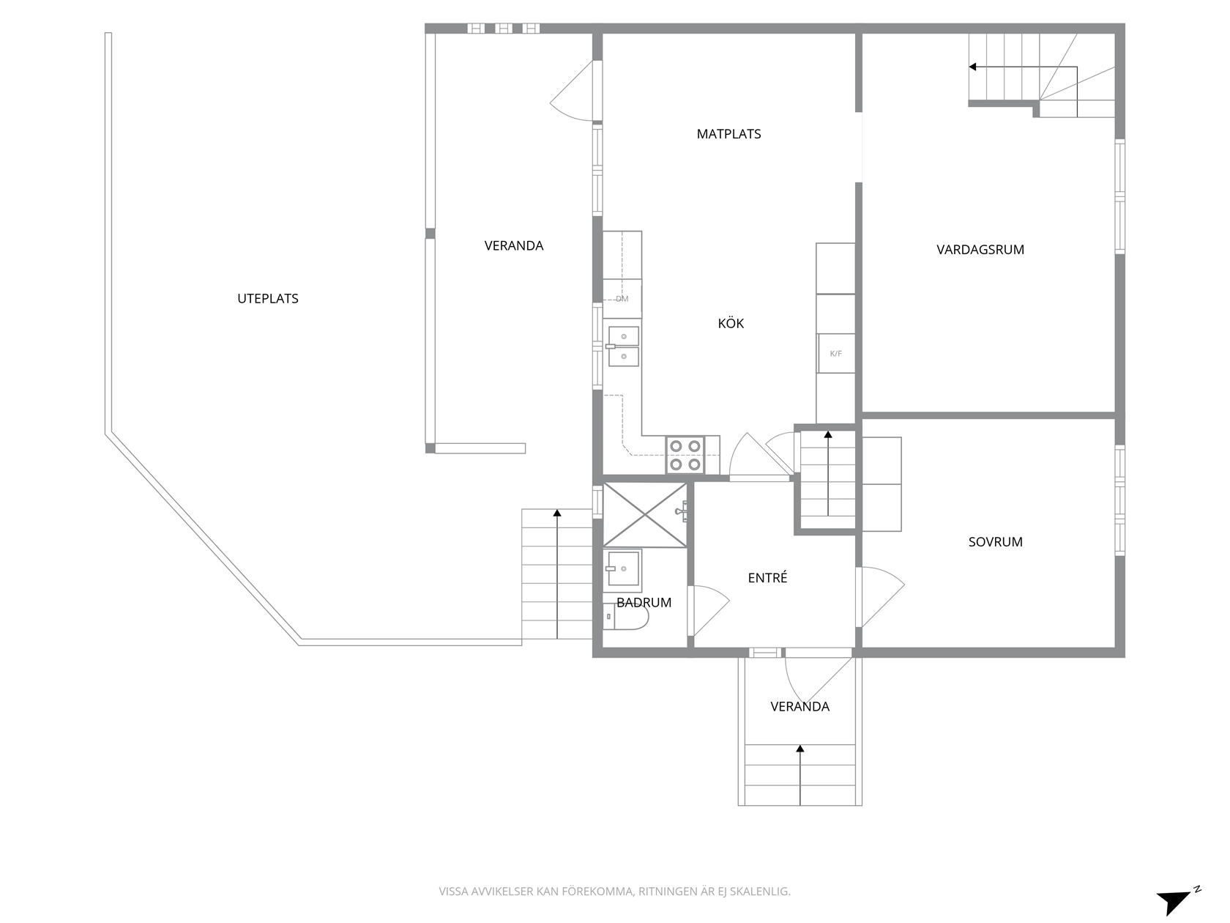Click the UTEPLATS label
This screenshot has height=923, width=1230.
[268, 299]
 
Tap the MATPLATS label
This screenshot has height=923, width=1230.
[728, 134]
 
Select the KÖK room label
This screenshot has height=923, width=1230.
[731, 323]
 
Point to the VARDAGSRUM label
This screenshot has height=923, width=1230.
[980, 250]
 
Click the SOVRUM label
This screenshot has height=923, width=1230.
[995, 542]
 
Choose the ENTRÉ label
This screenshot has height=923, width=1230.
[767, 577]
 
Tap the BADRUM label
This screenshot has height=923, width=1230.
[644, 602]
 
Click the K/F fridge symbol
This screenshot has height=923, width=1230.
[835, 354]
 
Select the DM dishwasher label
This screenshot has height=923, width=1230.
[622, 300]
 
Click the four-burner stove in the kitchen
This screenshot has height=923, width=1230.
[685, 455]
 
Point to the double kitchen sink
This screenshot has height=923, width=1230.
[623, 346]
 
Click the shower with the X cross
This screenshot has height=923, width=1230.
[644, 515]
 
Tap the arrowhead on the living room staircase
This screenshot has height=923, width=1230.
[972, 67]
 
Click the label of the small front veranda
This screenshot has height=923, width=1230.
[799, 707]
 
